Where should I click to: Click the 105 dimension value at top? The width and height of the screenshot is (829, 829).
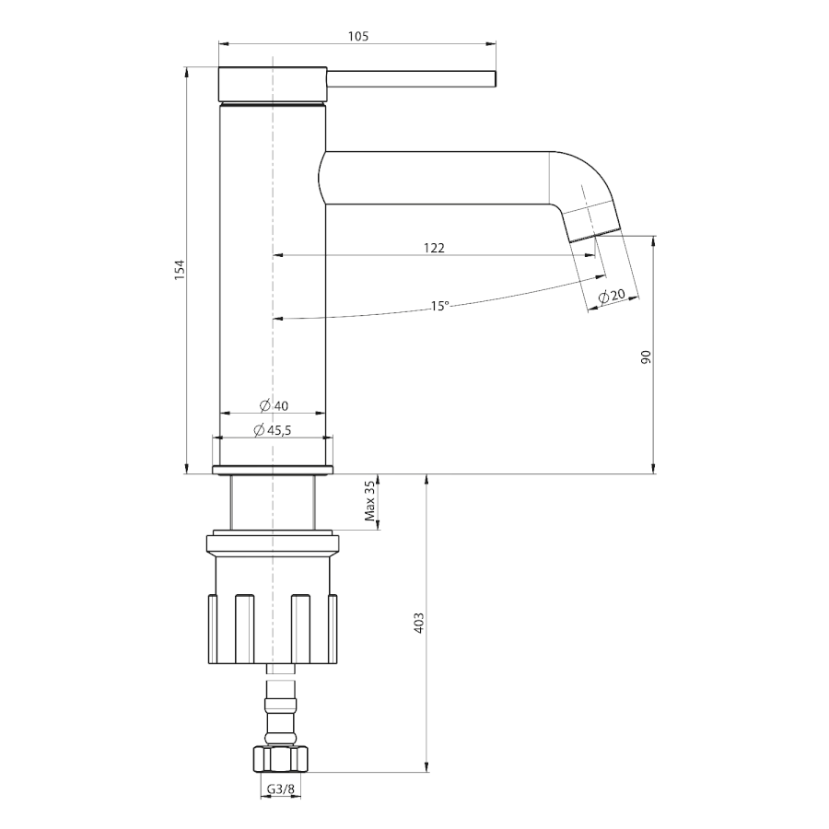(x=358, y=36)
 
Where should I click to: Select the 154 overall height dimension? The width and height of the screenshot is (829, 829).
(x=181, y=270)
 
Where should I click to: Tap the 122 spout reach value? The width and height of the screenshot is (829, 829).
(x=434, y=248)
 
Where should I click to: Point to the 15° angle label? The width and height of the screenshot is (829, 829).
(x=440, y=306)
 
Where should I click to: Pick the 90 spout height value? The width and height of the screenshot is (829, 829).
(x=646, y=356)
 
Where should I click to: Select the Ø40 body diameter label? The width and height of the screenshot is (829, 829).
(x=274, y=405)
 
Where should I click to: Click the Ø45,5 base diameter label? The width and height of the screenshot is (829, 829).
(x=273, y=430)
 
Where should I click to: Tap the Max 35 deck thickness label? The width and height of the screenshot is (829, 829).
(x=370, y=500)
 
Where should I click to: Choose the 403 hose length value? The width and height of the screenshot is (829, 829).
(x=419, y=624)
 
